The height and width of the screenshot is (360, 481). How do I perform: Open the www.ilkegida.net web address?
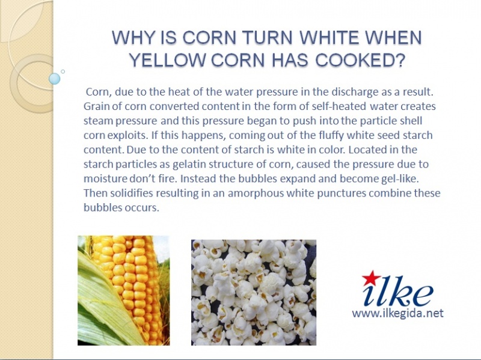click(397, 313)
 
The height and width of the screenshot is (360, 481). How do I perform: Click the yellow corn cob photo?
click(124, 291)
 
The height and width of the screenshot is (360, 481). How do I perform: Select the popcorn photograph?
click(254, 293)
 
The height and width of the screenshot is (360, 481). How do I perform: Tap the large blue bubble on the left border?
click(55, 79)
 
